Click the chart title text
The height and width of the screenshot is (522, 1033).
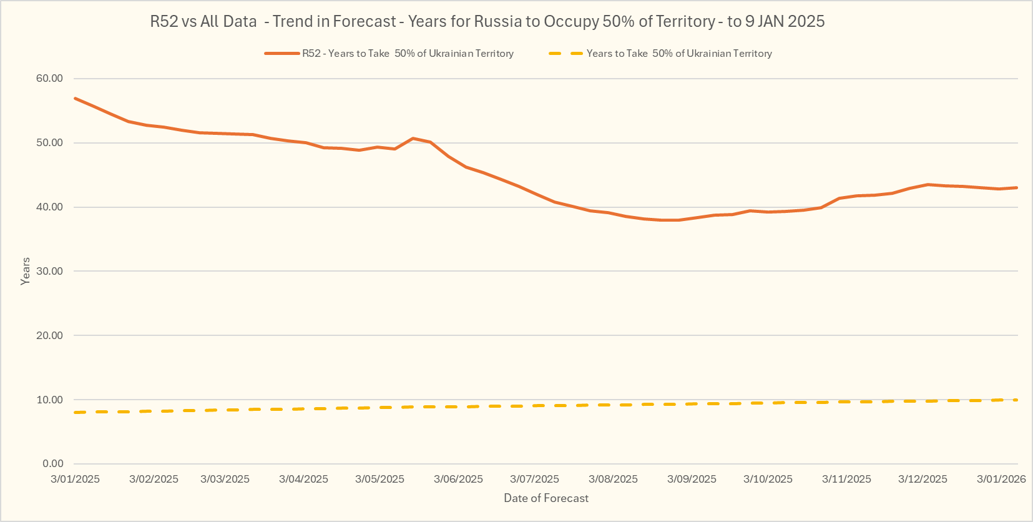point(487,22)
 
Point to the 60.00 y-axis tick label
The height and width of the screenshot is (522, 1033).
point(50,79)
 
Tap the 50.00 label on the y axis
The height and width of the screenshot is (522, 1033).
point(50,143)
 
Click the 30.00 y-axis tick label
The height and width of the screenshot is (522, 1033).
point(50,271)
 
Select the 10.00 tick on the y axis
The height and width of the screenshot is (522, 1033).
point(50,400)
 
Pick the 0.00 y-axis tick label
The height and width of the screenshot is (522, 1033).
point(53,464)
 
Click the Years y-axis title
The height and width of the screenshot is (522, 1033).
point(26,271)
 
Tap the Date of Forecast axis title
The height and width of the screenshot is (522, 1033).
point(546,498)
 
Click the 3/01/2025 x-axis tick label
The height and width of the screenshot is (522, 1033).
point(75,480)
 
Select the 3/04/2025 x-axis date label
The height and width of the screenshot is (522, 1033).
point(303,480)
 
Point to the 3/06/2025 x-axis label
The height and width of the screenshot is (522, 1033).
point(458,480)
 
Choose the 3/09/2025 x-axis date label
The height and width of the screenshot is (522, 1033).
point(692,480)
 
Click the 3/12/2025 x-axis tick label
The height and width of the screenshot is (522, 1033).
point(923,480)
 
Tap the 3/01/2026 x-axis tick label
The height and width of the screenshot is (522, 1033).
point(1001,480)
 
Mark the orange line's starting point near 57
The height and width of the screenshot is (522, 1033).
point(75,98)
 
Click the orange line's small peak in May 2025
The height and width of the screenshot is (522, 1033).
point(413,138)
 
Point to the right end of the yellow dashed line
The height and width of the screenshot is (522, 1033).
point(1016,400)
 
